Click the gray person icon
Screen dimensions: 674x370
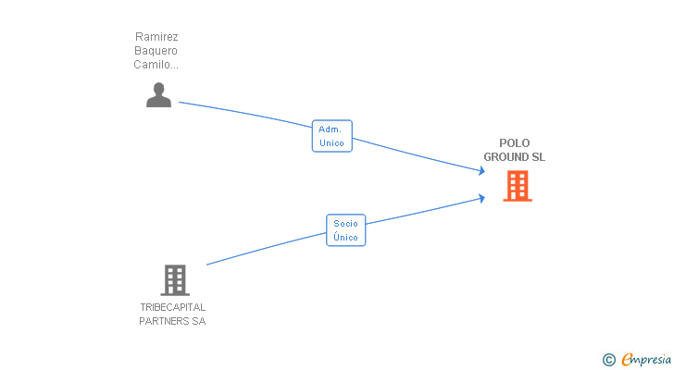click(158, 95)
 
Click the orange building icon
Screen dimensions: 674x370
click(518, 186)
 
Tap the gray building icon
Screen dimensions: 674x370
click(175, 280)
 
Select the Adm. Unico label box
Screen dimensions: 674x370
click(331, 136)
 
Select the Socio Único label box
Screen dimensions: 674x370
click(345, 230)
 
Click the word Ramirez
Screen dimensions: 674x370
click(156, 37)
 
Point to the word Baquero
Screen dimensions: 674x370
click(156, 51)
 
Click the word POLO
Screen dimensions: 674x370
click(515, 143)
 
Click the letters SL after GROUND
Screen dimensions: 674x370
click(539, 157)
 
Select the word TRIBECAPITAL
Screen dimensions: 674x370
click(173, 307)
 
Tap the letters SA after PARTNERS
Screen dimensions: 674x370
click(199, 321)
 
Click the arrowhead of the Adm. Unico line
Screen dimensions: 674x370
click(482, 171)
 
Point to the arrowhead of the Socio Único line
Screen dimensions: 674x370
click(482, 198)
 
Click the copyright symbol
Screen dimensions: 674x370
click(608, 360)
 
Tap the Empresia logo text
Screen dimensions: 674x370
click(646, 360)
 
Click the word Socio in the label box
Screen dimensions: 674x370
click(345, 224)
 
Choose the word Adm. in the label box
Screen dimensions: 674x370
click(330, 129)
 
